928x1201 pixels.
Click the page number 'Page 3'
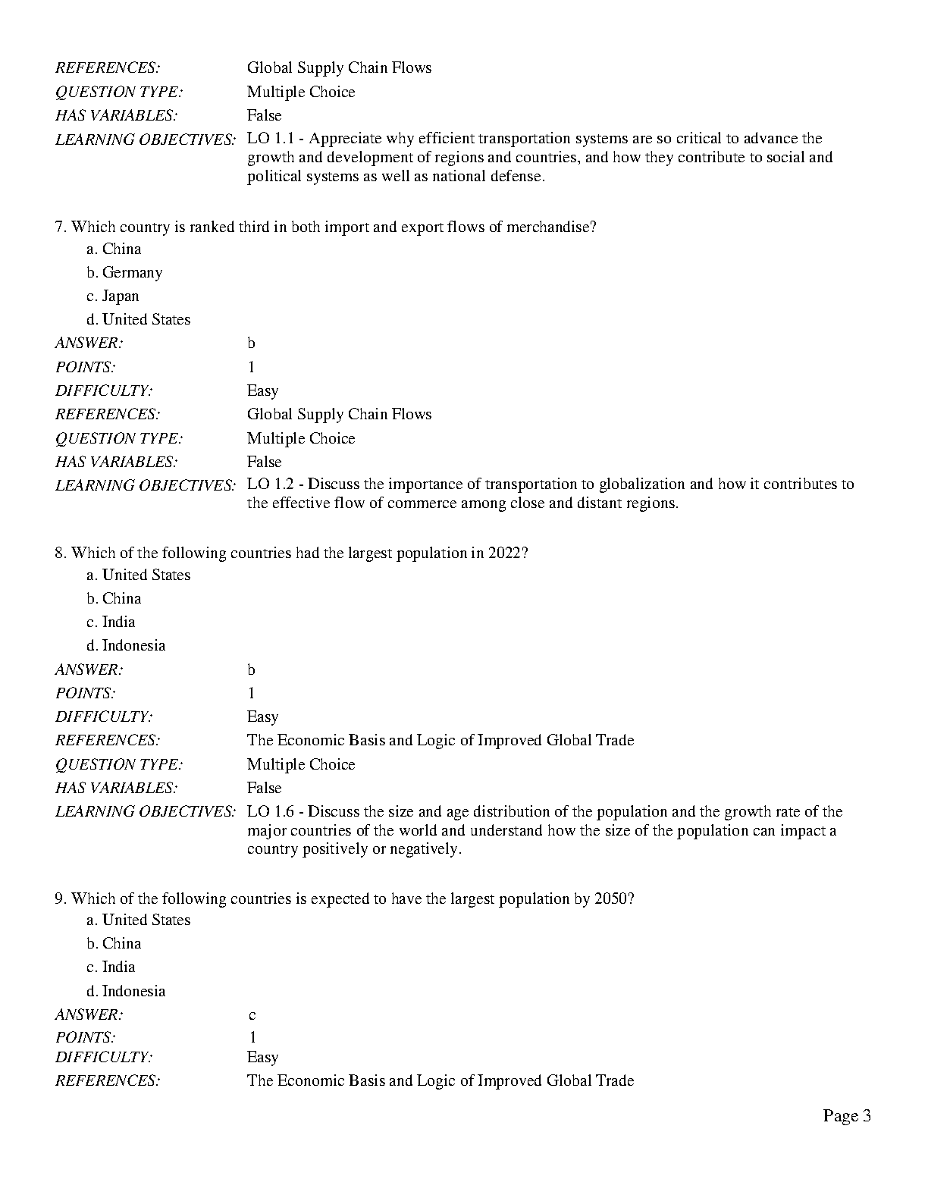click(x=846, y=1115)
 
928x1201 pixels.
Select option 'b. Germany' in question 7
click(x=124, y=272)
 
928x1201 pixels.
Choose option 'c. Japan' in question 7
click(x=113, y=296)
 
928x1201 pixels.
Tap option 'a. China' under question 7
click(x=114, y=249)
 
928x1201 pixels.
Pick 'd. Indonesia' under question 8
click(x=126, y=645)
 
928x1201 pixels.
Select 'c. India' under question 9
click(x=111, y=967)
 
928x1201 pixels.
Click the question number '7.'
click(x=61, y=227)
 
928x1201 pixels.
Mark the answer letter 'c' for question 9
click(x=252, y=1014)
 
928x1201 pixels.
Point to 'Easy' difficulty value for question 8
click(x=262, y=717)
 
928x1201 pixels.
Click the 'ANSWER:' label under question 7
click(x=89, y=343)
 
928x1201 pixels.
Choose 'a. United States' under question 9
click(x=139, y=920)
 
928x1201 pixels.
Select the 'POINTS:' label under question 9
click(x=85, y=1036)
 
